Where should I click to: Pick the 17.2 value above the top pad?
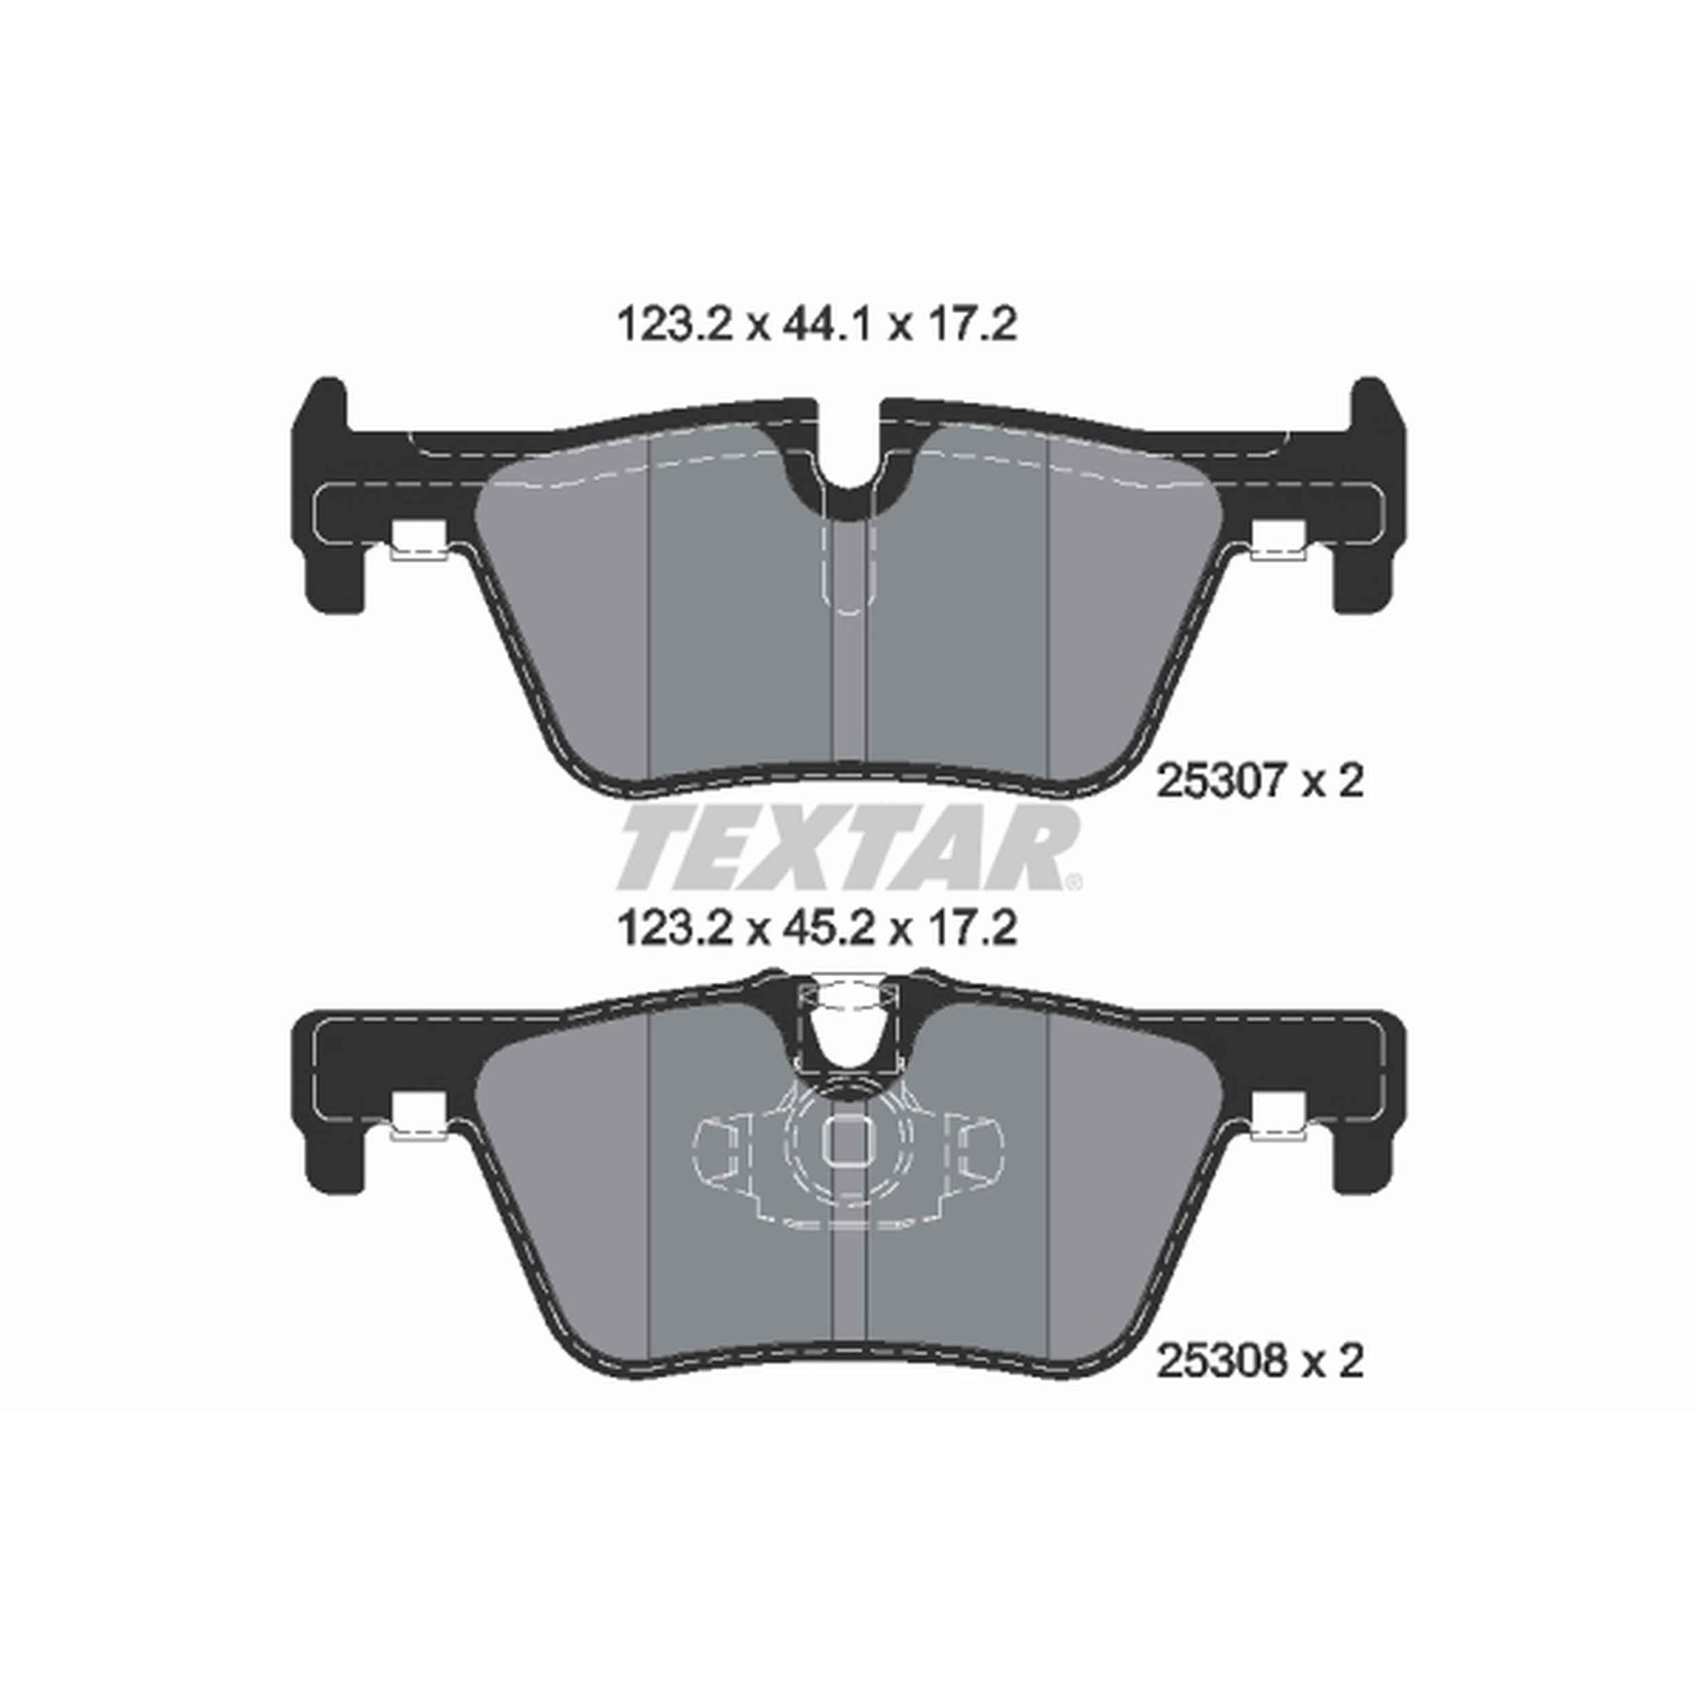point(970,325)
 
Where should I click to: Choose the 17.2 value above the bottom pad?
point(970,929)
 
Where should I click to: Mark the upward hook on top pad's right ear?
point(1372,404)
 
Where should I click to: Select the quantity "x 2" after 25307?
point(1332,780)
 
